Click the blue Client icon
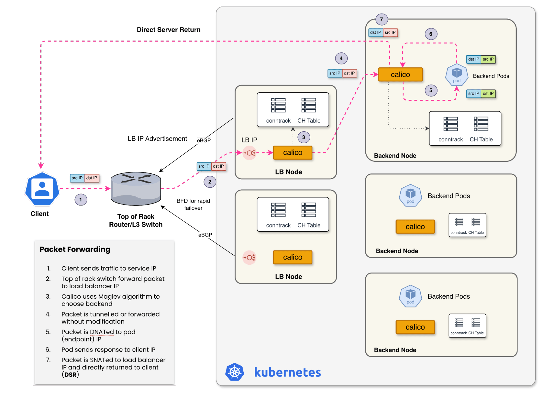(x=42, y=189)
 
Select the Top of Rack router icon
(x=136, y=189)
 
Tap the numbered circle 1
(x=81, y=200)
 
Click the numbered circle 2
(x=209, y=182)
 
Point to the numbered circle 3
(x=303, y=137)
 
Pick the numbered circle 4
(x=341, y=58)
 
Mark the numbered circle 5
(x=431, y=90)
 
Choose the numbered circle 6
(x=431, y=34)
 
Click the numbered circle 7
(x=381, y=19)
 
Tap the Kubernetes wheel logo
(x=235, y=372)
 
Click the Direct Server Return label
(x=169, y=30)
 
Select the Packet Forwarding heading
(x=75, y=249)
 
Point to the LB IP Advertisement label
(x=158, y=139)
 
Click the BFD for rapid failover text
(x=193, y=204)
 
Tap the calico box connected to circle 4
(x=400, y=74)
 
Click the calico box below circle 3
(x=293, y=152)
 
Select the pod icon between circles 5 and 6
(x=457, y=75)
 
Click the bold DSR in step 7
(x=70, y=375)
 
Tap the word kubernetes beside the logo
(x=287, y=372)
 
